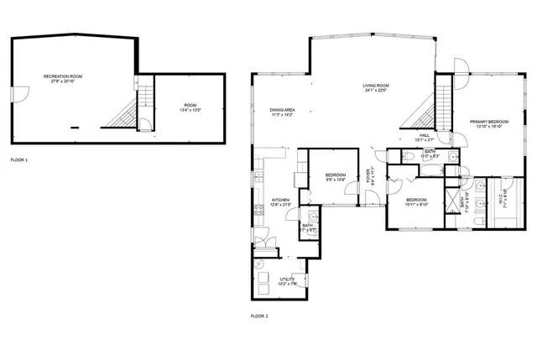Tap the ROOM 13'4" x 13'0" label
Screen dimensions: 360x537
pyautogui.click(x=190, y=107)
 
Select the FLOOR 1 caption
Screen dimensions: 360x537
pyautogui.click(x=18, y=159)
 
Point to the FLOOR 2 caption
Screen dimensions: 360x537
pyautogui.click(x=259, y=316)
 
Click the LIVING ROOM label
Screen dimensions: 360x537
pyautogui.click(x=374, y=87)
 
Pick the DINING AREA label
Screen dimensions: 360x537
pyautogui.click(x=282, y=112)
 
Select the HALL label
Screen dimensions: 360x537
pyautogui.click(x=425, y=138)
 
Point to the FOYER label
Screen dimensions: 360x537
pyautogui.click(x=369, y=177)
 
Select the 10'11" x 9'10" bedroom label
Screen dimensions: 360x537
pyautogui.click(x=416, y=201)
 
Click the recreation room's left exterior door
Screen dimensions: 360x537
pyautogui.click(x=14, y=94)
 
